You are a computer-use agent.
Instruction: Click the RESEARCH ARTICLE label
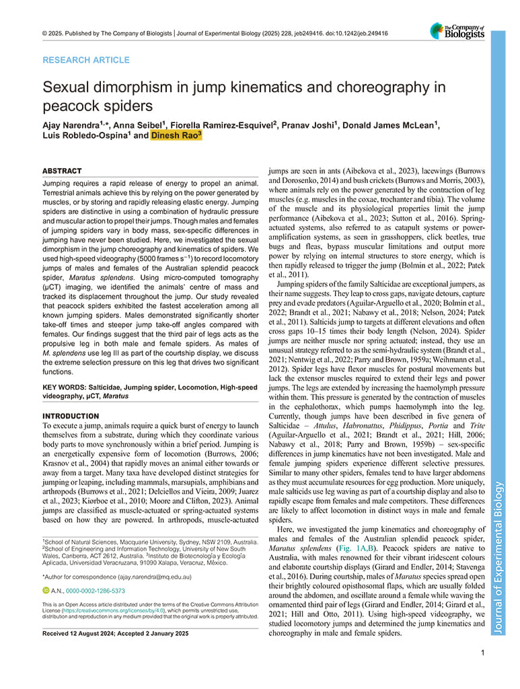tap(85, 60)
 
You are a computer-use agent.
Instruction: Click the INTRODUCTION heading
tap(71, 416)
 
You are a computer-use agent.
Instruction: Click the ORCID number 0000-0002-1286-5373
tap(96, 591)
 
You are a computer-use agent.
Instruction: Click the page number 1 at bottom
tap(483, 652)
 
